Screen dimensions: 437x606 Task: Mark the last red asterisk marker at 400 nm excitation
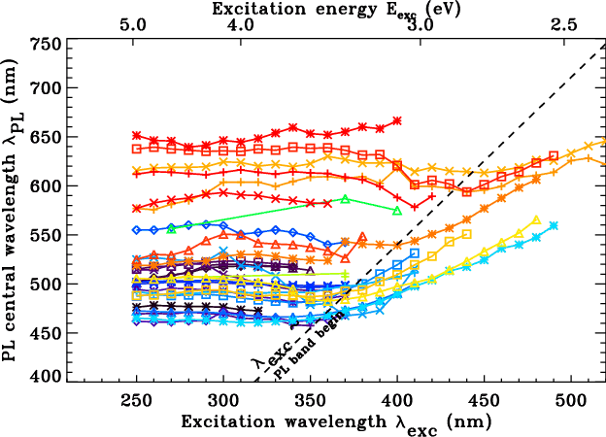pos(397,121)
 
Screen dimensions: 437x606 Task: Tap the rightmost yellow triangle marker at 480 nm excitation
pos(536,219)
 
